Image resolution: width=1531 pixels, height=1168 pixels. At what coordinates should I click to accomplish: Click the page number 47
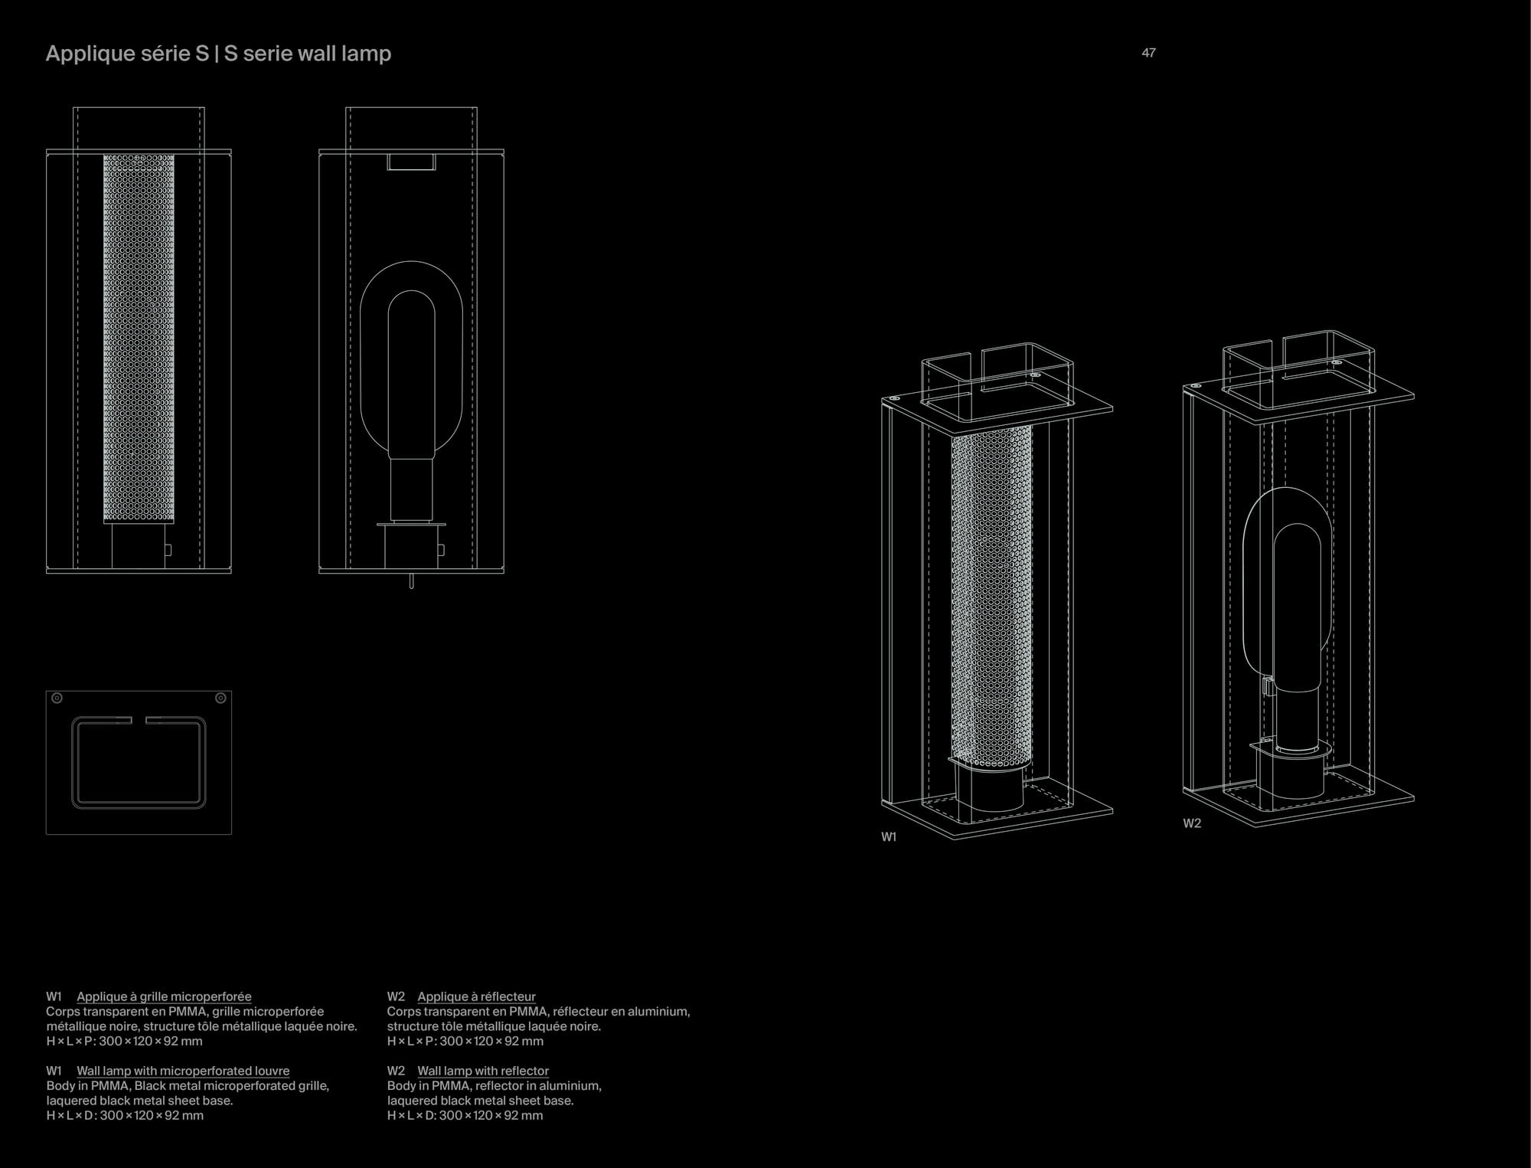tap(1148, 53)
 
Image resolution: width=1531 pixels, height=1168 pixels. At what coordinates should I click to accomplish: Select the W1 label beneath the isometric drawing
tap(888, 837)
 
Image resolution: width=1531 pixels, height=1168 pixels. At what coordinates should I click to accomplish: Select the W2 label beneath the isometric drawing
tap(1192, 823)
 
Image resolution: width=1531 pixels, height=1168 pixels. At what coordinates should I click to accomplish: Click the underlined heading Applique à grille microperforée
tap(164, 996)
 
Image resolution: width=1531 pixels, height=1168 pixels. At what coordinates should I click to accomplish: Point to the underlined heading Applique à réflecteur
tap(476, 996)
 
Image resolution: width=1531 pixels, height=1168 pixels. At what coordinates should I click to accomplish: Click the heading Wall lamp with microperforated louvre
tap(183, 1071)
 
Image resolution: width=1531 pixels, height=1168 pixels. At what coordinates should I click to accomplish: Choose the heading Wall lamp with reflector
tap(483, 1071)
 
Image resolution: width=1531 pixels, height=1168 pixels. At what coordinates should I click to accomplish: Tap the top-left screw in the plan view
tap(57, 699)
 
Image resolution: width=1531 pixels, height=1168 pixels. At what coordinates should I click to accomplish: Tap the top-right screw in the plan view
tap(220, 699)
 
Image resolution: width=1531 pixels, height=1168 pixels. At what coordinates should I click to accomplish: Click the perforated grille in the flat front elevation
tap(139, 337)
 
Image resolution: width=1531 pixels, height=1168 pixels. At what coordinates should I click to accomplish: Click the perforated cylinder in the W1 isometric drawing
tap(991, 597)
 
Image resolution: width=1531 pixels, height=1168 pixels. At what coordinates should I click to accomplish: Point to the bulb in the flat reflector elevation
tap(412, 375)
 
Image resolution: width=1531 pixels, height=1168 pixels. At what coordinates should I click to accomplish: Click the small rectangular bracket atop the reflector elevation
tap(411, 162)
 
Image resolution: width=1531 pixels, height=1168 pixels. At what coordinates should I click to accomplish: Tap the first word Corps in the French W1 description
tap(62, 1011)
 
